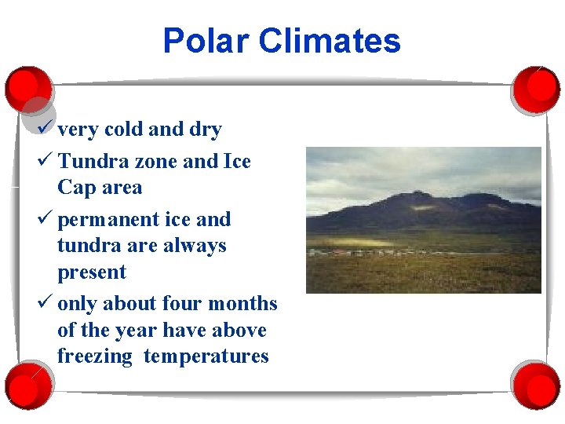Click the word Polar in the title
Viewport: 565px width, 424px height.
[206, 41]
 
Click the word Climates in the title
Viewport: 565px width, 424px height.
[330, 41]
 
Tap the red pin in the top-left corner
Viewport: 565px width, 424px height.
[28, 88]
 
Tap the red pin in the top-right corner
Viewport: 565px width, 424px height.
[536, 88]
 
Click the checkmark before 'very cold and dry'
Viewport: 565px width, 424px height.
[46, 128]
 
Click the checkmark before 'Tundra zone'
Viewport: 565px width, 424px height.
[46, 161]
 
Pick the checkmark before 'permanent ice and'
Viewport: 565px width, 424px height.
[46, 219]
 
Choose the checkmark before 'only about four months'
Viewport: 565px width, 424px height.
[46, 303]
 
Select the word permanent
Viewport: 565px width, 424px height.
[108, 220]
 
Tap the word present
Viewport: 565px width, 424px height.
[92, 272]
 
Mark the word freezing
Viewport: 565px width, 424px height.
[95, 357]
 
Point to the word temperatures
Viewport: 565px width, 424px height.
[206, 357]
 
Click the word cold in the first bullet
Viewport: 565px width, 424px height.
[122, 130]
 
